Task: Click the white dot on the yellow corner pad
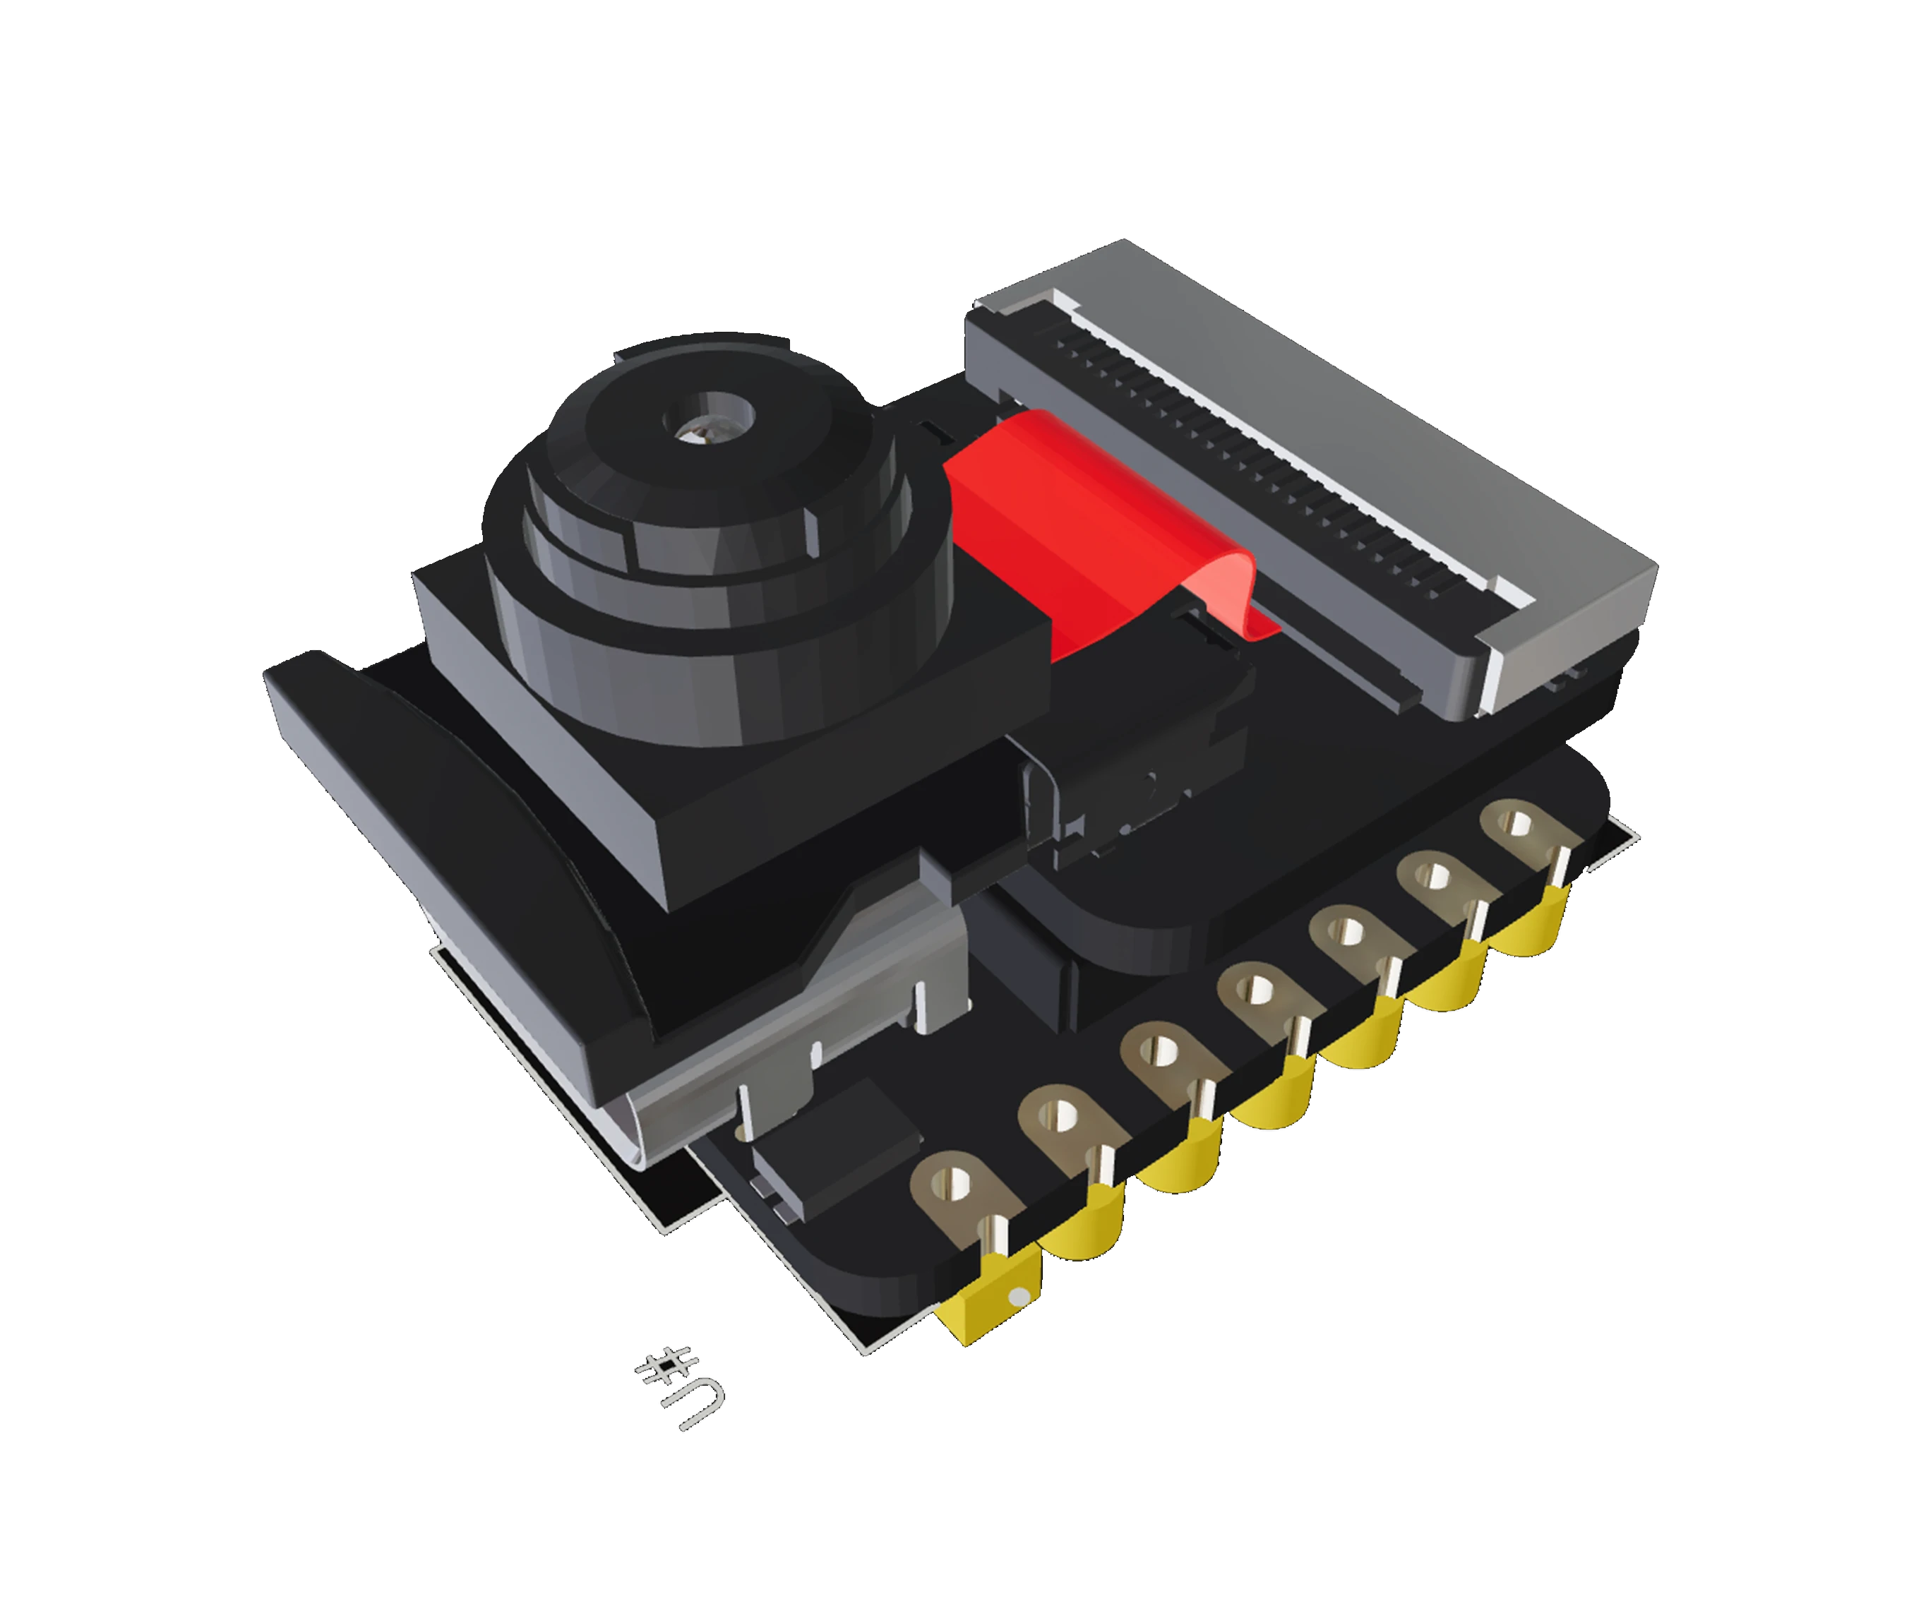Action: tap(1015, 1297)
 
